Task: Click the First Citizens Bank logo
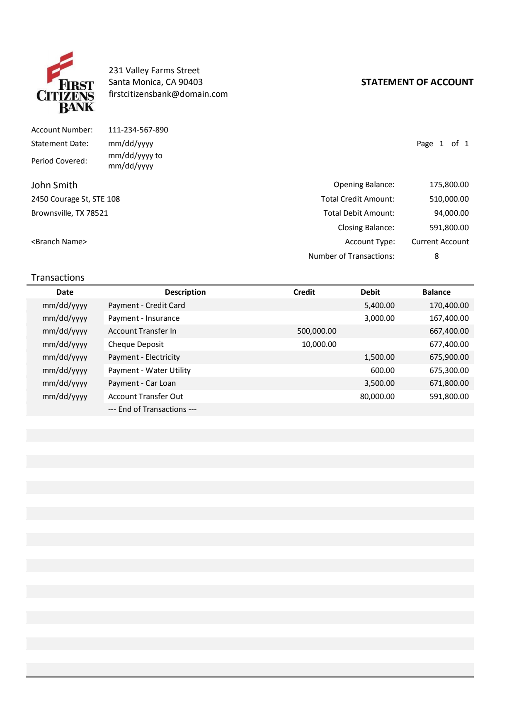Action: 65,83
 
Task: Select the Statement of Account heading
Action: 417,82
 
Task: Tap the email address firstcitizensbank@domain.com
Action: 168,94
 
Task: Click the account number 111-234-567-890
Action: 138,130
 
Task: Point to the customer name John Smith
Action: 54,185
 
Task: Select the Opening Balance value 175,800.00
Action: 449,185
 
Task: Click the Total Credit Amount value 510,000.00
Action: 449,199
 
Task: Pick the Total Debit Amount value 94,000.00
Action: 451,213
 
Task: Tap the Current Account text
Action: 440,242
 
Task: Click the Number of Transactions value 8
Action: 436,256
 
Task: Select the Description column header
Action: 185,292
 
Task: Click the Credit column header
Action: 304,292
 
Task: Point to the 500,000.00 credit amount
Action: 317,331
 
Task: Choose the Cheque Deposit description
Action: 136,344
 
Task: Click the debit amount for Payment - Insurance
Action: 379,318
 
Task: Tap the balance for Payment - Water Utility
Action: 449,370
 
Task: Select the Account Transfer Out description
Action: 145,397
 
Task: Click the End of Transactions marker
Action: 152,409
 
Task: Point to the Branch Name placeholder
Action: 59,242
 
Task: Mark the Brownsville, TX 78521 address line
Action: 70,213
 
